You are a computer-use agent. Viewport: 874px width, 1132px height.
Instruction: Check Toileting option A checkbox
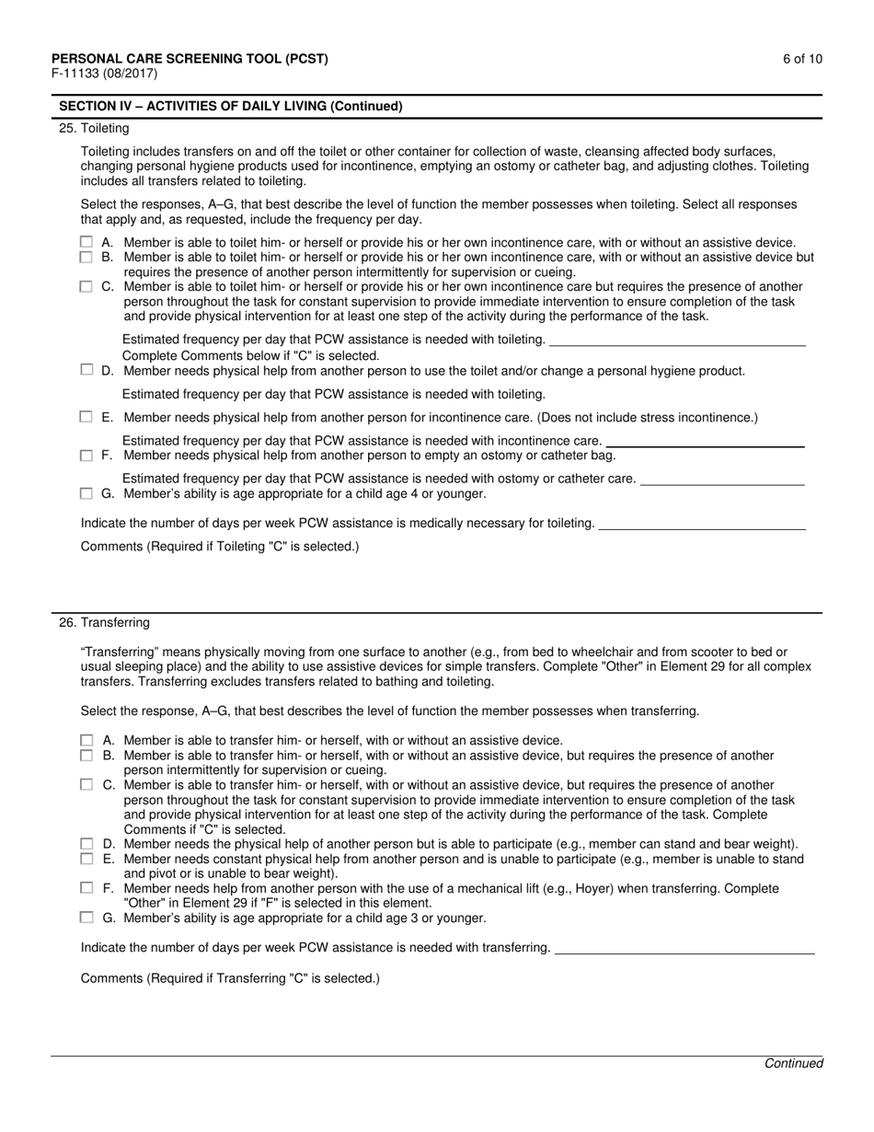pos(86,243)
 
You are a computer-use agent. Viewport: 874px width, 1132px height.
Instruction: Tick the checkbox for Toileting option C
pos(86,287)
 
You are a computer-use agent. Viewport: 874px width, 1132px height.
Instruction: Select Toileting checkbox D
pos(86,370)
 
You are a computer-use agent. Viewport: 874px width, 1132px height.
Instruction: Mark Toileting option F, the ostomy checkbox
pos(86,456)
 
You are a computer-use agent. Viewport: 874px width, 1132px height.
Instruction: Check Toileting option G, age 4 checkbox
pos(86,494)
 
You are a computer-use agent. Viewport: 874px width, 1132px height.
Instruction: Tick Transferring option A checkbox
pos(86,740)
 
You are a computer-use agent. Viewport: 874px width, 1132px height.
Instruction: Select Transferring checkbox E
pos(86,859)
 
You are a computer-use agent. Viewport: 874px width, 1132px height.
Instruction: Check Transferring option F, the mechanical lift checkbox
pos(86,888)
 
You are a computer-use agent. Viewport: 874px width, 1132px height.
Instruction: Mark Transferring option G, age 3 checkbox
pos(86,918)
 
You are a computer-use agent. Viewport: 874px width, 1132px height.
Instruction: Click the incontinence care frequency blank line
pos(705,445)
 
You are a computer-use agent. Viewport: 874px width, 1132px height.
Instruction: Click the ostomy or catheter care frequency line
pos(722,483)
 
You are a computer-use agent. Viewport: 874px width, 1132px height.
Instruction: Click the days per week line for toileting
pos(702,527)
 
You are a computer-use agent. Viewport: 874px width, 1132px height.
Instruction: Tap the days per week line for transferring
pos(685,953)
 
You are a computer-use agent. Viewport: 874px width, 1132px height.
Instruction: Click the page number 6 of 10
pos(803,59)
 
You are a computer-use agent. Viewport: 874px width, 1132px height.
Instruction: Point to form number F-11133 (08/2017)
pos(104,74)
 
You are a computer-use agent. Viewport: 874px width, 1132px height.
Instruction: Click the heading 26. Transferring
pos(104,623)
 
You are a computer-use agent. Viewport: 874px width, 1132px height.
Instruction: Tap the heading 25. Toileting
pos(94,129)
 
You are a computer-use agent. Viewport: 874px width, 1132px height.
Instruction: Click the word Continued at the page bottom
pos(794,1063)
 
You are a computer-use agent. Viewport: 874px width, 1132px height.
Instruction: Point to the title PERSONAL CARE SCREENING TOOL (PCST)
pos(190,59)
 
